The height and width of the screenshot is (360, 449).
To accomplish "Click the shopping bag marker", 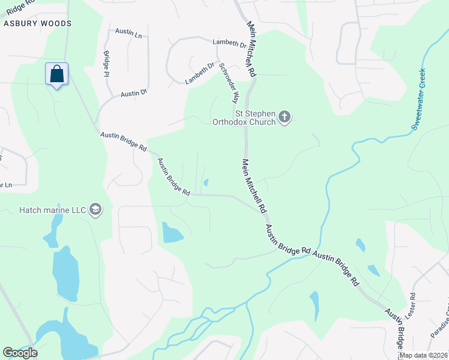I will click(x=56, y=74).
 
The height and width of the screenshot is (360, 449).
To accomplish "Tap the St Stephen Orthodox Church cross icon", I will click(x=285, y=117).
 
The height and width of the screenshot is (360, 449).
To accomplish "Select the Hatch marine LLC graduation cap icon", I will click(x=95, y=209).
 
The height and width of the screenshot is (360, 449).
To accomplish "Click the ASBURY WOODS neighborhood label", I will click(x=38, y=23).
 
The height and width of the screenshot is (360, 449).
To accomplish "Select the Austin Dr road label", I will click(x=134, y=94).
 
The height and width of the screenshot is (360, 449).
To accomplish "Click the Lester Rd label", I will click(x=412, y=304).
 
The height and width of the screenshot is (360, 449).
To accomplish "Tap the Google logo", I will click(x=20, y=353).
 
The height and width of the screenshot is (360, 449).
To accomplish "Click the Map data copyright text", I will click(x=422, y=355).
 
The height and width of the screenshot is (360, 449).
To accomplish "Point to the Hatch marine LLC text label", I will click(x=53, y=210).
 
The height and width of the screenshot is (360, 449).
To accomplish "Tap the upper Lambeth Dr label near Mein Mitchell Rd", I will click(x=229, y=44).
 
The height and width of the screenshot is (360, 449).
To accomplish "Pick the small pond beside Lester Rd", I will click(x=373, y=270).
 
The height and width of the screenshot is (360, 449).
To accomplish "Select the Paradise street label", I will click(x=439, y=324).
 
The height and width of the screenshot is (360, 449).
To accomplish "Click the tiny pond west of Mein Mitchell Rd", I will click(x=206, y=182).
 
